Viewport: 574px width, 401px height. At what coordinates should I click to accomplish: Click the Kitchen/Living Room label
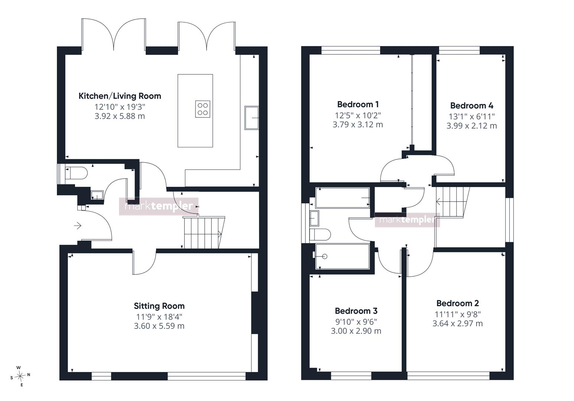pos(120,96)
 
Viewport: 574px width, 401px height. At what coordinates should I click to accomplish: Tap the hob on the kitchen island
pos(202,109)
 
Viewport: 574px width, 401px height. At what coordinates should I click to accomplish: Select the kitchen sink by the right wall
pos(252,118)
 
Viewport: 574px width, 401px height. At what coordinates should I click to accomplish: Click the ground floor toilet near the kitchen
pos(76,173)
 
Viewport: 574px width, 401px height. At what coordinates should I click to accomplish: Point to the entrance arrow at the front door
pos(78,226)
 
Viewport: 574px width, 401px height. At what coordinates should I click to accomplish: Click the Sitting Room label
pos(159,306)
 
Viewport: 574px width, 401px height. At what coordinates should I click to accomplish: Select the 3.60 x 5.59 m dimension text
pos(159,326)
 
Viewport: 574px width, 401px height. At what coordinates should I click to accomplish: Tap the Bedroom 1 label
pos(358,104)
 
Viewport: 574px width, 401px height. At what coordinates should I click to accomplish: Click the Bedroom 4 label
pos(471,105)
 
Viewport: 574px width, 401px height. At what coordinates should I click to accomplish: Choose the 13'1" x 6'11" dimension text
pos(471,117)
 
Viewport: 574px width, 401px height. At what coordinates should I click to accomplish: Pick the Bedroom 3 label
pos(356,311)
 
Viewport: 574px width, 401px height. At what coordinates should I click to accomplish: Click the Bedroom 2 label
pos(457,303)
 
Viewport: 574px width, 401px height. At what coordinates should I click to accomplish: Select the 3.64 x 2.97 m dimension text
pos(457,323)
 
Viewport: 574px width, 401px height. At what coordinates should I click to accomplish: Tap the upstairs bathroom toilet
pos(320,234)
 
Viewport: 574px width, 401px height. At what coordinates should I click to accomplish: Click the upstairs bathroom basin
pos(314,218)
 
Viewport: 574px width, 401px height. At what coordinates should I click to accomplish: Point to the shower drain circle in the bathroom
pos(325,256)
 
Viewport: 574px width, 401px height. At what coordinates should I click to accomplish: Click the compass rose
pos(20,376)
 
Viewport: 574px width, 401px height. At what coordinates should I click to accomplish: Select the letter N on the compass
pos(29,375)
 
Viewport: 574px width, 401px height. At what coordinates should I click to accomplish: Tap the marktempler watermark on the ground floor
pos(159,206)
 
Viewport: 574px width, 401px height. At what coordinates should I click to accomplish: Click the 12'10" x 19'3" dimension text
pos(120,107)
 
